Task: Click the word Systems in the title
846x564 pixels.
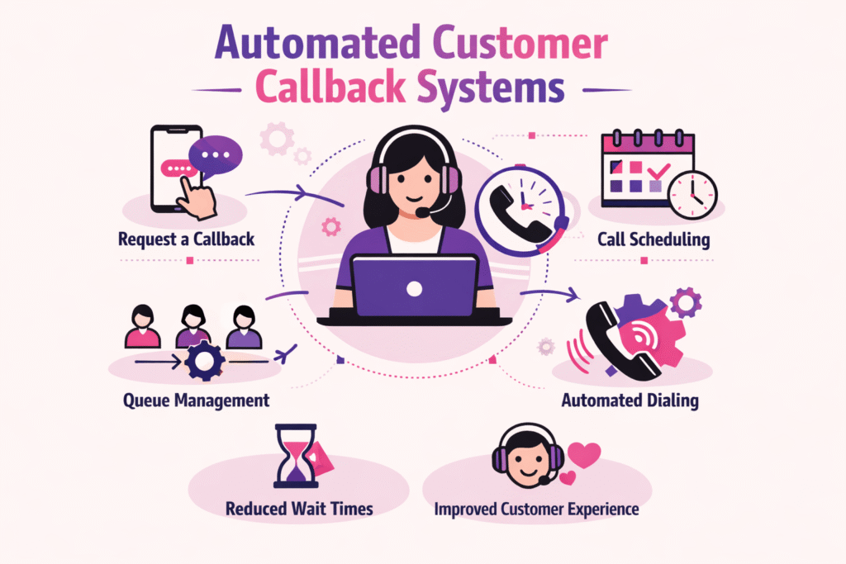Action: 488,85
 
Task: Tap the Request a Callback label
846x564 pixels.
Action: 186,240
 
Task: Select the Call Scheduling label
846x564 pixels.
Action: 654,240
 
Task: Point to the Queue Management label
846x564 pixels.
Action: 197,400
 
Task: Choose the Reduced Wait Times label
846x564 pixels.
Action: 299,509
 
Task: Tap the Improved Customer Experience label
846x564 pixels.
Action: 536,509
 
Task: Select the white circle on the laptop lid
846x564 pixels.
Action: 415,288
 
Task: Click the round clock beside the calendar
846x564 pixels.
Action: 692,195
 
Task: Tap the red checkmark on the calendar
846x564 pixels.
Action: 658,172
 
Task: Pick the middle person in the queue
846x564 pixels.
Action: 192,327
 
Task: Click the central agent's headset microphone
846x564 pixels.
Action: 423,212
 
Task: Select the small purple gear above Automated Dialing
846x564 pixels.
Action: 685,302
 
